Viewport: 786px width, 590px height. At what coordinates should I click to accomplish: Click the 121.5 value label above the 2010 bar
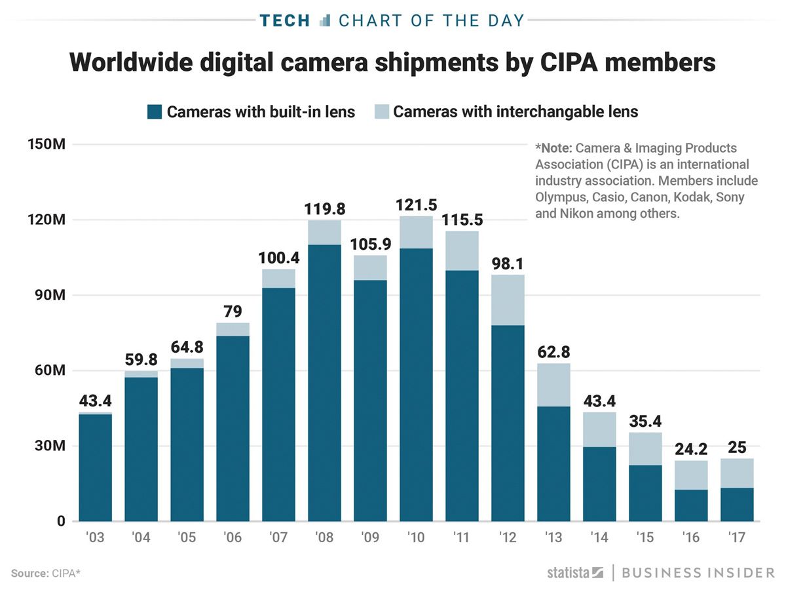pyautogui.click(x=416, y=205)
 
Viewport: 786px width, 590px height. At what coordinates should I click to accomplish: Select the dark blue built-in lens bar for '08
pyautogui.click(x=324, y=383)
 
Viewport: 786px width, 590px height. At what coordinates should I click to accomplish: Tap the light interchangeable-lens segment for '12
pyautogui.click(x=508, y=300)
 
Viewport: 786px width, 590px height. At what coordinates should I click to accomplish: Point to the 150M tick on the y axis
pyautogui.click(x=45, y=144)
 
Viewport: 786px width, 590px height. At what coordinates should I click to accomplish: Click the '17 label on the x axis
pyautogui.click(x=737, y=538)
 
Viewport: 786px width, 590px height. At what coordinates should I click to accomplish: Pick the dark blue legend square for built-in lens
pyautogui.click(x=154, y=112)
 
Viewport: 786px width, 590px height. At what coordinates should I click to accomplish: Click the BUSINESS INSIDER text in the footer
pyautogui.click(x=698, y=572)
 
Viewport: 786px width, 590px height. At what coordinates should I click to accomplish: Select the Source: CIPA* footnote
pyautogui.click(x=46, y=573)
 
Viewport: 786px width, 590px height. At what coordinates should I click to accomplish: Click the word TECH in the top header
pyautogui.click(x=284, y=20)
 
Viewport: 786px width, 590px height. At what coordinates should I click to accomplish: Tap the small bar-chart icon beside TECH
pyautogui.click(x=324, y=20)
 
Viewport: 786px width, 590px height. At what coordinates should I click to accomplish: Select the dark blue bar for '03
pyautogui.click(x=95, y=467)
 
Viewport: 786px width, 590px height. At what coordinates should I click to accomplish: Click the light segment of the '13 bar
pyautogui.click(x=553, y=385)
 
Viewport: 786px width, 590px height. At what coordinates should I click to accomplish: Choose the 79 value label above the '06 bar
pyautogui.click(x=233, y=311)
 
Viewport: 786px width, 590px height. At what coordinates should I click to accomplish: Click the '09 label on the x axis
pyautogui.click(x=370, y=538)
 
